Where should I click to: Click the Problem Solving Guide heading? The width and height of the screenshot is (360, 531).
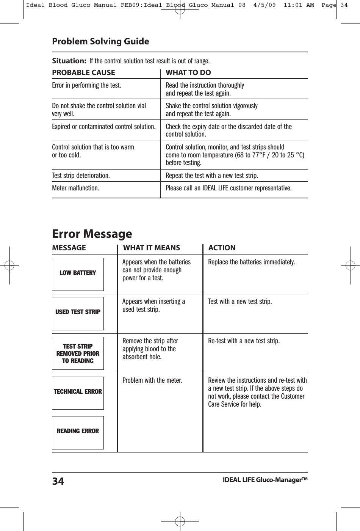coord(100,41)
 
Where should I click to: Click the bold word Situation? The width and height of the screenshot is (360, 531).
coord(69,61)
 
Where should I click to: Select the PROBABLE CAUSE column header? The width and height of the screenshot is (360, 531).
coord(83,72)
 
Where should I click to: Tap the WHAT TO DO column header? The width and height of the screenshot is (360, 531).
coord(188,72)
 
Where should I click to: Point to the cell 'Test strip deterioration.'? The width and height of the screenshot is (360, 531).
coord(81,176)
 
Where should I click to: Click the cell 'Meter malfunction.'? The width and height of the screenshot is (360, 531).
coord(75,188)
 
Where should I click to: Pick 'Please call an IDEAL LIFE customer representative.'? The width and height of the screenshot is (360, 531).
coord(229,188)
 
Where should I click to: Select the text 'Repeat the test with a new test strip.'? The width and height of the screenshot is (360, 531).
coord(212,176)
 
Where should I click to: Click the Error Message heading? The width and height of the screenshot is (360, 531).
coord(92,234)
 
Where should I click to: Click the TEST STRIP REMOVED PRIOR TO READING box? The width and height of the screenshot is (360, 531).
coord(78,353)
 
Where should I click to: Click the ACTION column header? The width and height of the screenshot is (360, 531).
coord(222,248)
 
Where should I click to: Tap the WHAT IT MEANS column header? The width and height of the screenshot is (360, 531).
coord(152,248)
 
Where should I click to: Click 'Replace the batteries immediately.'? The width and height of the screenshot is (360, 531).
coord(252,262)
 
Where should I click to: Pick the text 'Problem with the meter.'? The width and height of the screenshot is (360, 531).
coord(152,380)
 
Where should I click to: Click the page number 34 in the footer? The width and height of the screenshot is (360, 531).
coord(58,482)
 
